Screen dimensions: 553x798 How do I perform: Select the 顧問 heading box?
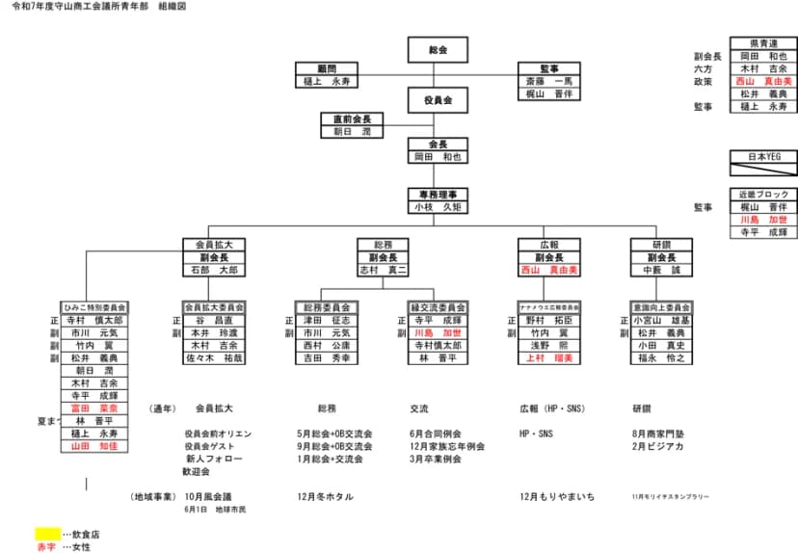pyautogui.click(x=328, y=69)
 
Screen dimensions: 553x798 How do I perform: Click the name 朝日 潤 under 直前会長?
pyautogui.click(x=353, y=132)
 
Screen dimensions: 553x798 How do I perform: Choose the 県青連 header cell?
pyautogui.click(x=762, y=43)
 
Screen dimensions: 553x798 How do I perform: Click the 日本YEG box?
pyautogui.click(x=762, y=155)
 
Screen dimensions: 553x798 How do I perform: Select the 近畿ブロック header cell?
pyautogui.click(x=762, y=194)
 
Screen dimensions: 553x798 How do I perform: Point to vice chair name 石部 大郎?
pyautogui.click(x=214, y=271)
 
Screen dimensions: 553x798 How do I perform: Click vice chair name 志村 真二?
pyautogui.click(x=383, y=271)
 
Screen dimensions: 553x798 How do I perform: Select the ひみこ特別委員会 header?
pyautogui.click(x=93, y=307)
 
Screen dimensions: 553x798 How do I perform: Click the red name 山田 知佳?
pyautogui.click(x=93, y=446)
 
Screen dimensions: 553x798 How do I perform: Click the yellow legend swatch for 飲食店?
pyautogui.click(x=47, y=533)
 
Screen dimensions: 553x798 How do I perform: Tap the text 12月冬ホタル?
pyautogui.click(x=326, y=496)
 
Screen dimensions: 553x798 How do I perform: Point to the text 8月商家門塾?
pyautogui.click(x=658, y=434)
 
